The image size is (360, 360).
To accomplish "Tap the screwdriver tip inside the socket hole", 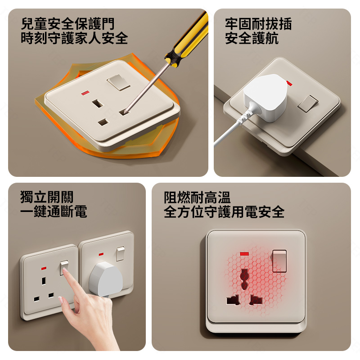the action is click(126, 112).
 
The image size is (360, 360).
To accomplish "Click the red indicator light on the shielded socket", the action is click(85, 93).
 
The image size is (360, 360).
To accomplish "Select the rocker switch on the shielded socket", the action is click(118, 82).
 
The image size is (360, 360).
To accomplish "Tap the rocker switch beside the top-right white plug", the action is click(308, 103).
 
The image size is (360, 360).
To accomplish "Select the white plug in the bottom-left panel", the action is click(106, 279).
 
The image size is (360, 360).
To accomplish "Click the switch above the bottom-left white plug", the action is click(120, 253).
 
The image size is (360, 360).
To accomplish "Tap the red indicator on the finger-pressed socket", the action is click(44, 268).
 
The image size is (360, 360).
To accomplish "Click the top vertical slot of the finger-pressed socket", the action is click(44, 281).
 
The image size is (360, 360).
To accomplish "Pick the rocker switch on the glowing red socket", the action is click(279, 261).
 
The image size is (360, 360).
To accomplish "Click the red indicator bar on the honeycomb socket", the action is click(244, 254).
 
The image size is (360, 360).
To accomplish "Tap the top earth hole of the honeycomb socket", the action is click(244, 279).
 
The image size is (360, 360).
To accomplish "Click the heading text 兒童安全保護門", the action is click(67, 24).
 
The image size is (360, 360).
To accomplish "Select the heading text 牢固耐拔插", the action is click(258, 24).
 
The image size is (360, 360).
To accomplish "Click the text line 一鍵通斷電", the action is click(54, 211).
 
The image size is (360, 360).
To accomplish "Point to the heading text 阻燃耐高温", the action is click(197, 198).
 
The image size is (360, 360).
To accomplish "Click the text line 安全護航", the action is click(252, 38).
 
